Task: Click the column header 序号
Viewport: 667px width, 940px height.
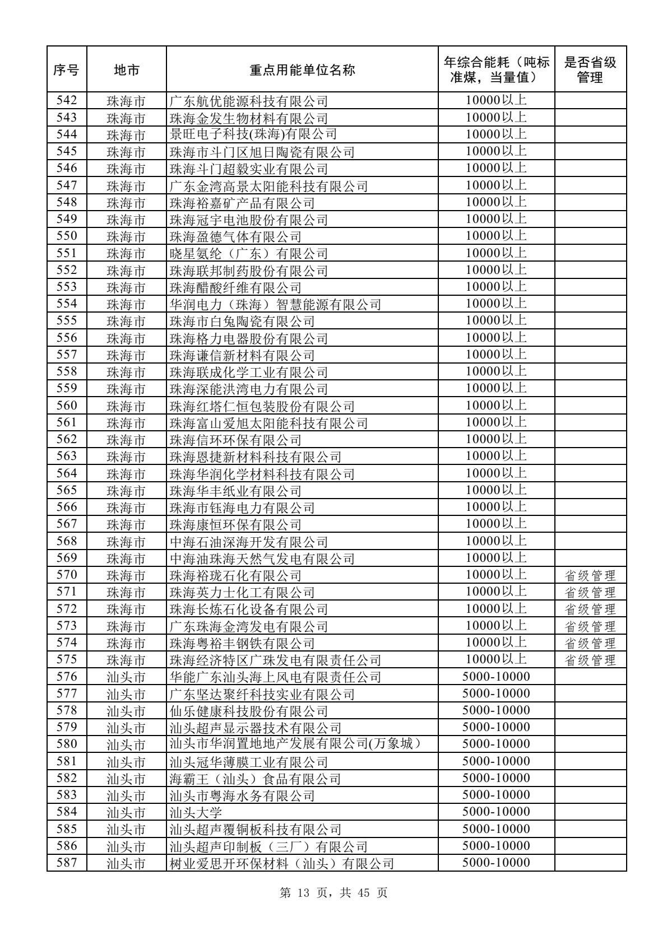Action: click(66, 70)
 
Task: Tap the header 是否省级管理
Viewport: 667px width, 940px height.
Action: click(590, 70)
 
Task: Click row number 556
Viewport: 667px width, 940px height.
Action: click(66, 338)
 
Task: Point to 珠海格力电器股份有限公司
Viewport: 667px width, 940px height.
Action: click(248, 338)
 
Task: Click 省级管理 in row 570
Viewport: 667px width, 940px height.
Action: click(590, 575)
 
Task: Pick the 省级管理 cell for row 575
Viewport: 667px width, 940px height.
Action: click(590, 660)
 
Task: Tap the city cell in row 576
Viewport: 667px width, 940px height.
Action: click(126, 678)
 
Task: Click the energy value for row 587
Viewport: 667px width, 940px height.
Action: click(495, 863)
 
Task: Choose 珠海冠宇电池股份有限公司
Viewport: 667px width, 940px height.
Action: click(248, 220)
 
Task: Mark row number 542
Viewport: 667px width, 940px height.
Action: click(66, 101)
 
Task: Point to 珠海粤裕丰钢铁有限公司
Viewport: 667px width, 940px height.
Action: click(242, 644)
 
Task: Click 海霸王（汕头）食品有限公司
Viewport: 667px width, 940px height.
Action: click(255, 779)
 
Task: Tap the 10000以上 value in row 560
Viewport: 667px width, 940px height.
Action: click(495, 406)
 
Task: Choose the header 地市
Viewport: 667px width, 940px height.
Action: click(126, 70)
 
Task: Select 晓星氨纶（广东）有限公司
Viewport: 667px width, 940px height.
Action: click(248, 254)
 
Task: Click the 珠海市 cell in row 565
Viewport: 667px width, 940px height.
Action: click(126, 491)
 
